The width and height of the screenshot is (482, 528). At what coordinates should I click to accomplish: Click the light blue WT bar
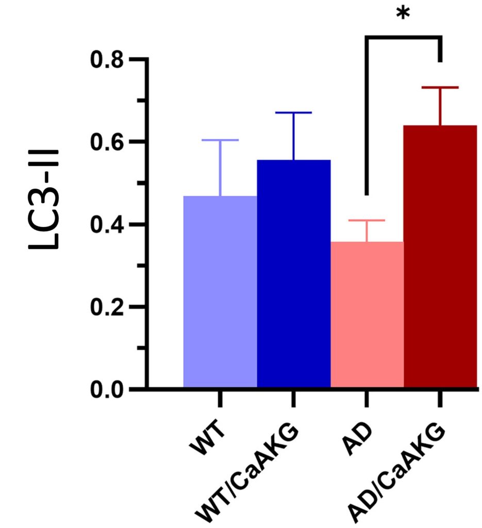(220, 291)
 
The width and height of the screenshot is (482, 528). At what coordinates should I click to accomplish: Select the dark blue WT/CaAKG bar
(293, 273)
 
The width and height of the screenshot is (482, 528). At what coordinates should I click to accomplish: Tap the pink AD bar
(367, 315)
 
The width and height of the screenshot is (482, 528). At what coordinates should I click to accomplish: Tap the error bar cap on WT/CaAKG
(293, 112)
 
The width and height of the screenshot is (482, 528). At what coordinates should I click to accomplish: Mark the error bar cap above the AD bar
(367, 220)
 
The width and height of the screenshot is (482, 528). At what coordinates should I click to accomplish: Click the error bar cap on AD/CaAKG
(440, 88)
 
